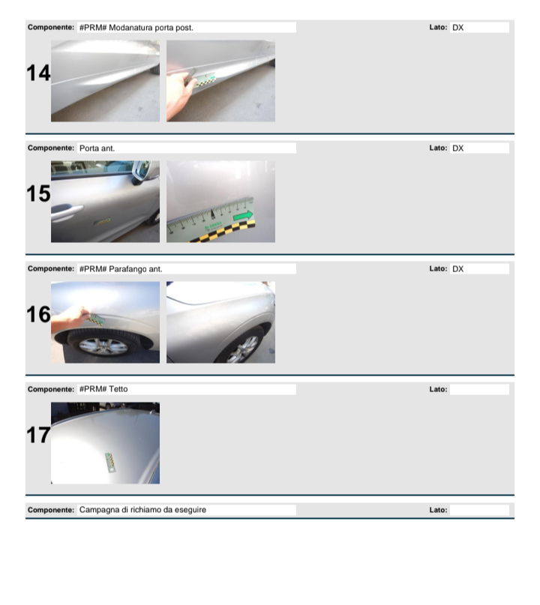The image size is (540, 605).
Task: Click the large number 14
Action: pyautogui.click(x=38, y=73)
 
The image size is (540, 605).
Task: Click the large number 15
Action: pyautogui.click(x=38, y=193)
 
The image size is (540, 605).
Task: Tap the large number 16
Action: pyautogui.click(x=38, y=314)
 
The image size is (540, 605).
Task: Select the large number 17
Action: pyautogui.click(x=38, y=436)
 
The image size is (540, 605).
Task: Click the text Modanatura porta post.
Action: pyautogui.click(x=151, y=28)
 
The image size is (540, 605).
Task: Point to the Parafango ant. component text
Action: pyautogui.click(x=136, y=269)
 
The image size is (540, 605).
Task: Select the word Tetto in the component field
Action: pyautogui.click(x=118, y=389)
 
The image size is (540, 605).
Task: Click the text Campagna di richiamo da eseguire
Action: pyautogui.click(x=142, y=510)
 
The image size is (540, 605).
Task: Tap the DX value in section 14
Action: pyautogui.click(x=457, y=28)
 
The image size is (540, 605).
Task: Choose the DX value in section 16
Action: pyautogui.click(x=457, y=269)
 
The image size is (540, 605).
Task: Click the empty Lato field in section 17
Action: pyautogui.click(x=479, y=389)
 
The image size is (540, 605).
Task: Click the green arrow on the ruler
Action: pyautogui.click(x=243, y=216)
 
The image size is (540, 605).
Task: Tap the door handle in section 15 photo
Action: pyautogui.click(x=67, y=211)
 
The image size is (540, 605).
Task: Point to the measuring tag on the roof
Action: pyautogui.click(x=111, y=463)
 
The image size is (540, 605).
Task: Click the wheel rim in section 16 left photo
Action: pyautogui.click(x=103, y=346)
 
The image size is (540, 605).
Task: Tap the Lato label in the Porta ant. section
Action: pyautogui.click(x=438, y=148)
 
